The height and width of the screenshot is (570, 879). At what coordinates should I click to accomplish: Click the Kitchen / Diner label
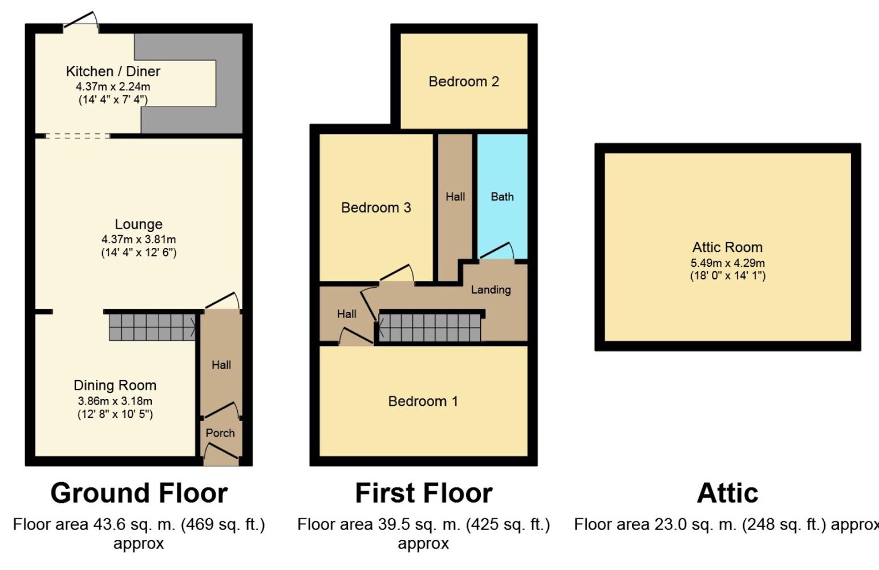coord(113,71)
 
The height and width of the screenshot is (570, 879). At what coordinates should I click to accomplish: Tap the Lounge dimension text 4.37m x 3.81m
coord(139,239)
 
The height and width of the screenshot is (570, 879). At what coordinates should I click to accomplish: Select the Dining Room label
coord(115,385)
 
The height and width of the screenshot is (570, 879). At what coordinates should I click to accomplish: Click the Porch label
coord(220,433)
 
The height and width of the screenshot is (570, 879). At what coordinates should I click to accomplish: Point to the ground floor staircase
coord(152,327)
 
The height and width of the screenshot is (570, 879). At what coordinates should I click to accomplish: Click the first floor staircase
coord(430,328)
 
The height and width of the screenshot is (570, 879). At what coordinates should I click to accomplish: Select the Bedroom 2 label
coord(464,82)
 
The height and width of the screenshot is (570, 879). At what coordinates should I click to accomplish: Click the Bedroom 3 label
coord(376,207)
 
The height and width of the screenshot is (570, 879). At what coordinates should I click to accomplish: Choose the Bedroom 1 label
coord(423,401)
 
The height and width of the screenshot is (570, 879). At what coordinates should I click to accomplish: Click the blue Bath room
coord(503,196)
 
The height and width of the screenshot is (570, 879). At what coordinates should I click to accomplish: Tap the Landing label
coord(491,290)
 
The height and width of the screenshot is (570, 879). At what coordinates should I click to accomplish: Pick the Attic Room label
coord(727,247)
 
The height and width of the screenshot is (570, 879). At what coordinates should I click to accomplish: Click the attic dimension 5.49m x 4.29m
coord(727,263)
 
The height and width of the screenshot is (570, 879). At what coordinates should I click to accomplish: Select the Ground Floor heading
coord(139,493)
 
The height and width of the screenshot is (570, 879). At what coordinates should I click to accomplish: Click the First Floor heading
coord(424,493)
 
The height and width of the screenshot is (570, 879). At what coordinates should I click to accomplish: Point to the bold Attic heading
coord(727,493)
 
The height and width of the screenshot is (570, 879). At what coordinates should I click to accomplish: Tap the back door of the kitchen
coord(80,19)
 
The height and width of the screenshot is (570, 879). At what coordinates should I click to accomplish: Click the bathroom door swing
coord(497,250)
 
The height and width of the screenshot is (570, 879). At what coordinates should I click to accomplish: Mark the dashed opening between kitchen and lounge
coord(78,136)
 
